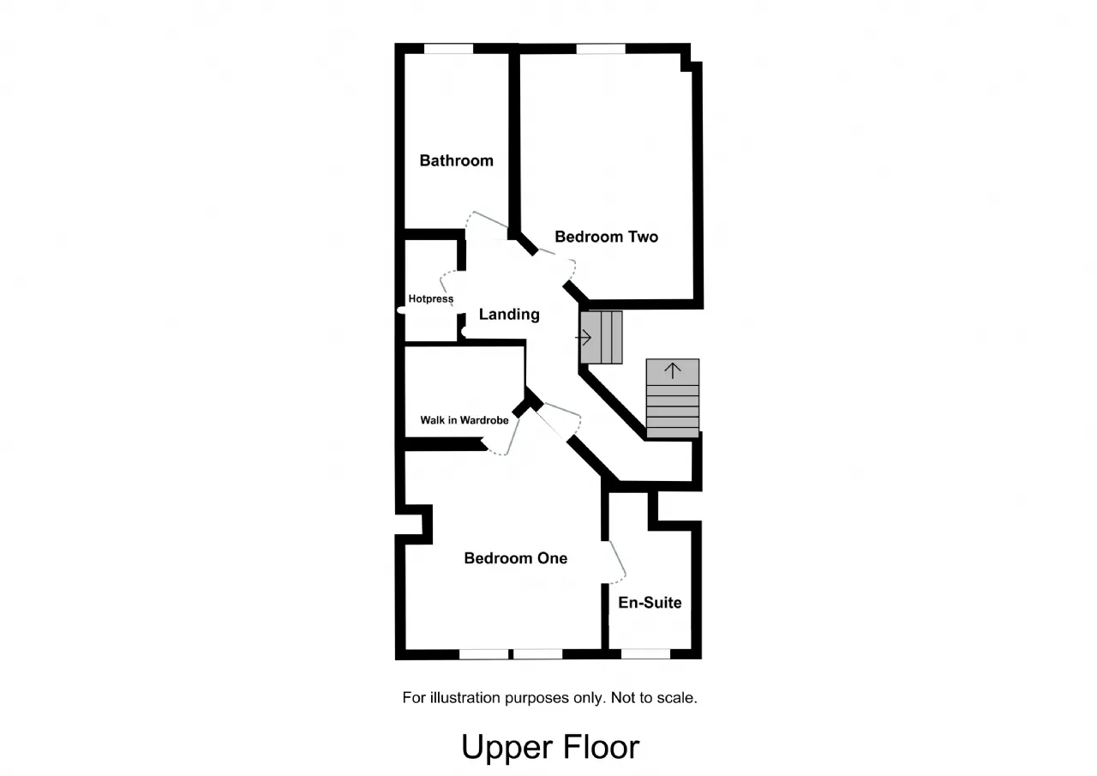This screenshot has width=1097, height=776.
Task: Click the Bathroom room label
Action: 456,160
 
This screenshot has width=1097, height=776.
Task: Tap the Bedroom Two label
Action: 606,237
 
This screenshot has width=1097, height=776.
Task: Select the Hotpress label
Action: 431,299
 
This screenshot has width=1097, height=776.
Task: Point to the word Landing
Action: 509,315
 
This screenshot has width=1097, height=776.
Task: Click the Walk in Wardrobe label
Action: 464,420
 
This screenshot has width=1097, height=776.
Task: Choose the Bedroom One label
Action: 515,558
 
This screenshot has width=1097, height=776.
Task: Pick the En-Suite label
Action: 650,603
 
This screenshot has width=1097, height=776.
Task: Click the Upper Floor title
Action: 550,747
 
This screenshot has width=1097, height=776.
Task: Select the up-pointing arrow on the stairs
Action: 673,371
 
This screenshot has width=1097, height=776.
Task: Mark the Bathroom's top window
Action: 449,49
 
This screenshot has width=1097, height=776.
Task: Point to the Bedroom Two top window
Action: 600,49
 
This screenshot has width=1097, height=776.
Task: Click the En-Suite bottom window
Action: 645,654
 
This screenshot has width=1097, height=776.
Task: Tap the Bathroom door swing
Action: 486,222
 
